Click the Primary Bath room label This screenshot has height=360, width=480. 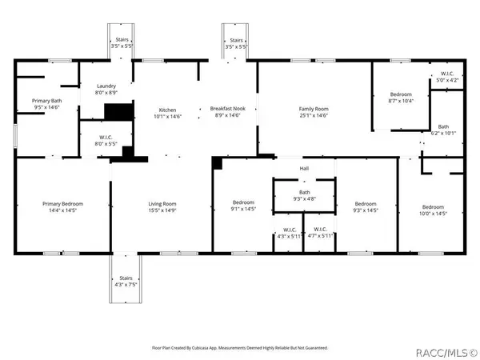46,101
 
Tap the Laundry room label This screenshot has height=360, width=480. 107,86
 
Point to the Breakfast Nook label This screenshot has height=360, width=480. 227,109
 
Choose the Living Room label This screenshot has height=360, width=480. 162,204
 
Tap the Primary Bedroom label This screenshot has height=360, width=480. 62,204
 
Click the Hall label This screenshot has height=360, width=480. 304,169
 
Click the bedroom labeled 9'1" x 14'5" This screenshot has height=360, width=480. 242,203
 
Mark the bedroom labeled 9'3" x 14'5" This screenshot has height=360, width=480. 366,204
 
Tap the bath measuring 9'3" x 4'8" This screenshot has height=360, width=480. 304,192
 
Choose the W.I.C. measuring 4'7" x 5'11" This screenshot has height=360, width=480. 322,231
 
